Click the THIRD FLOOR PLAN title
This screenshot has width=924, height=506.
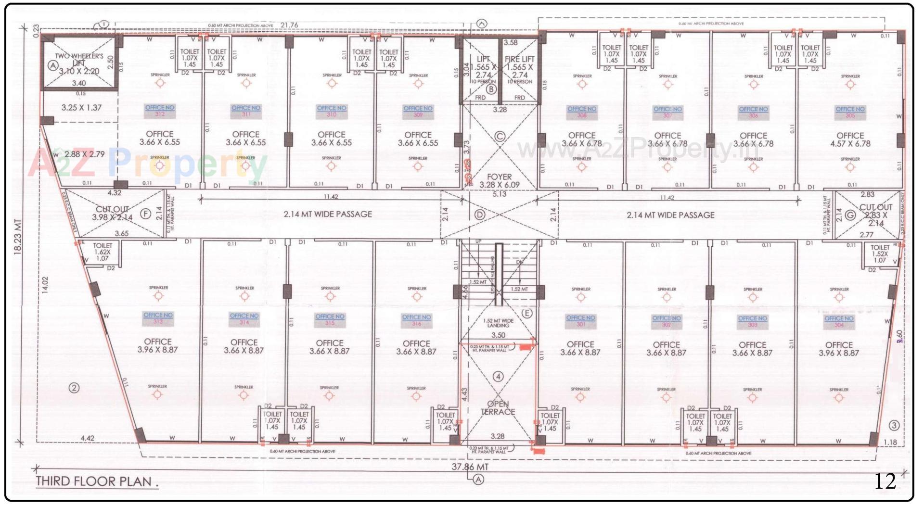(x=97, y=481)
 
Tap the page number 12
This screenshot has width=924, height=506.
(x=885, y=481)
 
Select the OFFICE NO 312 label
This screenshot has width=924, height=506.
(x=160, y=111)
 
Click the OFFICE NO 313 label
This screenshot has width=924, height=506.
(x=158, y=318)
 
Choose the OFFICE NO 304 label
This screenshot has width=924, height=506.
(x=839, y=321)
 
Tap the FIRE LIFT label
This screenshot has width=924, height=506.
(x=520, y=59)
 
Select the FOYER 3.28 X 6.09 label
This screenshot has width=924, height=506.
(x=499, y=181)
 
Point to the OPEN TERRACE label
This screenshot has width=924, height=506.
(x=498, y=408)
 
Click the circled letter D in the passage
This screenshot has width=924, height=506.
(x=479, y=215)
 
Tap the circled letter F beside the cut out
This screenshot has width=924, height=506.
(x=145, y=214)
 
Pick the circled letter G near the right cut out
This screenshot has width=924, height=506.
(x=850, y=215)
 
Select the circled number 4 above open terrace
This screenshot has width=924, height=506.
(x=498, y=377)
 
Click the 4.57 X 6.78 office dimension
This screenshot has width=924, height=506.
(x=850, y=143)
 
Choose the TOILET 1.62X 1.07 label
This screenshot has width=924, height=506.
(x=103, y=252)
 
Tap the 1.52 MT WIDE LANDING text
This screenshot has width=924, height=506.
(x=498, y=323)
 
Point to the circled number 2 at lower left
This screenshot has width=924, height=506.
(x=74, y=388)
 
